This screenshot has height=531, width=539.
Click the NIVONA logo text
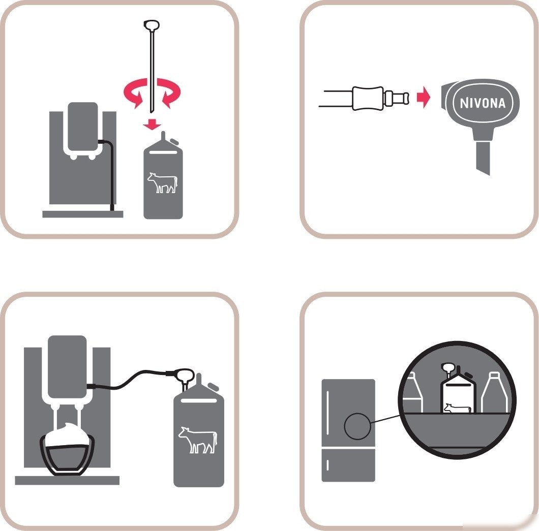[483, 103]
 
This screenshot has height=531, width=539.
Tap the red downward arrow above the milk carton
[152, 124]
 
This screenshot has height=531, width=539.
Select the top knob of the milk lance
[151, 25]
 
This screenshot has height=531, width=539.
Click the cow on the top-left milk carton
[163, 183]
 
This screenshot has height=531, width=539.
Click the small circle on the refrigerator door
[357, 426]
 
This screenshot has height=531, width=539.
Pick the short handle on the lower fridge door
[327, 465]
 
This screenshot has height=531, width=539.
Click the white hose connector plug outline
[380, 98]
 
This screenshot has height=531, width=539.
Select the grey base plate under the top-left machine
[82, 214]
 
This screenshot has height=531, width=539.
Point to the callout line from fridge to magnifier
[385, 419]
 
